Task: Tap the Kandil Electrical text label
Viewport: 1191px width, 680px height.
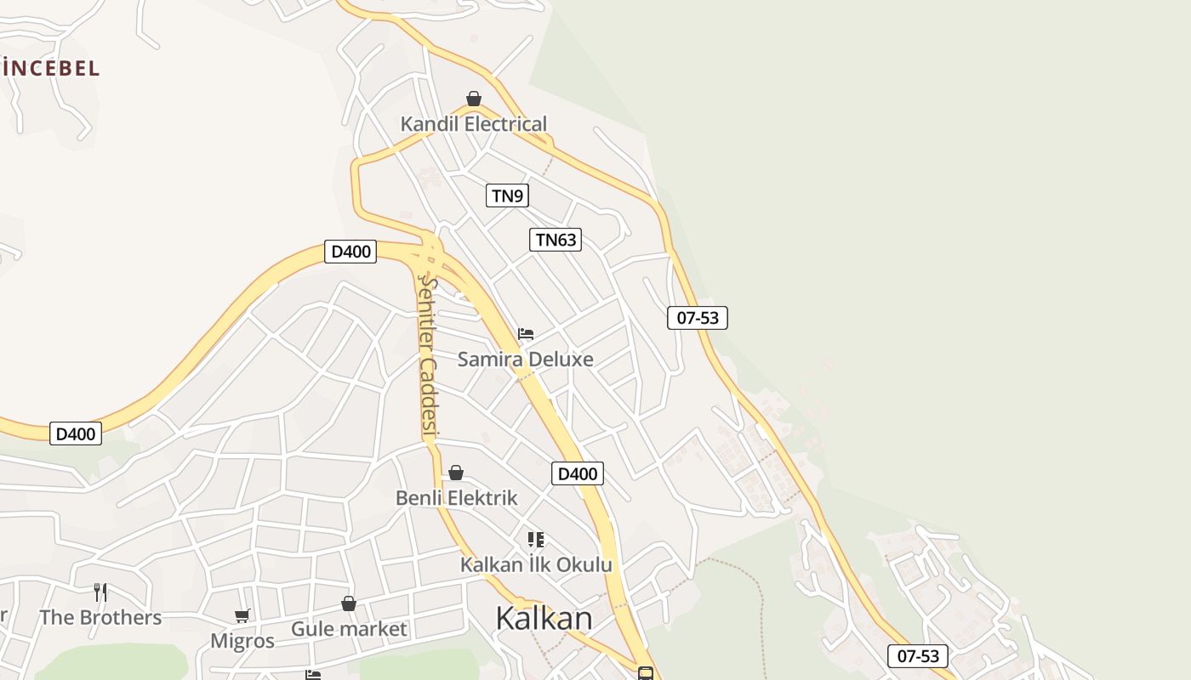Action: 474,124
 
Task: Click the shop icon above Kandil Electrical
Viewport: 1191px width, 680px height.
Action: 474,99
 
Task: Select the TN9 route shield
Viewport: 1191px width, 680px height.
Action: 507,195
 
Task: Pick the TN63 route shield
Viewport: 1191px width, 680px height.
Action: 556,240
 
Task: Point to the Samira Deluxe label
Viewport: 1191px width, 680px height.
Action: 525,359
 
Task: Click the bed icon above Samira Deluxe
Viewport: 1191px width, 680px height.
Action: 526,333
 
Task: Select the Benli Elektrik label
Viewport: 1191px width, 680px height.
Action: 456,497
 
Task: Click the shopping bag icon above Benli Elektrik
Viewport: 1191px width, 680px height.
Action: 456,473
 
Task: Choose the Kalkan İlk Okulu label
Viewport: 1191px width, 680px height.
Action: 536,564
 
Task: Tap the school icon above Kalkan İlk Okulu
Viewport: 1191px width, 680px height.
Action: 535,540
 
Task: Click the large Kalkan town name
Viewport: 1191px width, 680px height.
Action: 544,618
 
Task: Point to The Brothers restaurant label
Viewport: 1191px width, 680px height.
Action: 100,617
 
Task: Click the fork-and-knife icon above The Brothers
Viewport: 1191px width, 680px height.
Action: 100,592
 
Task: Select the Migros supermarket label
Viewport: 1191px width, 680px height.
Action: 242,640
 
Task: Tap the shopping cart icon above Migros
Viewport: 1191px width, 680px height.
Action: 242,615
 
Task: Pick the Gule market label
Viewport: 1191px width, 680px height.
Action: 349,629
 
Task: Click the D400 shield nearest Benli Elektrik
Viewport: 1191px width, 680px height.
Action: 578,473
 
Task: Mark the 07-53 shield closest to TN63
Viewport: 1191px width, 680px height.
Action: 698,318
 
